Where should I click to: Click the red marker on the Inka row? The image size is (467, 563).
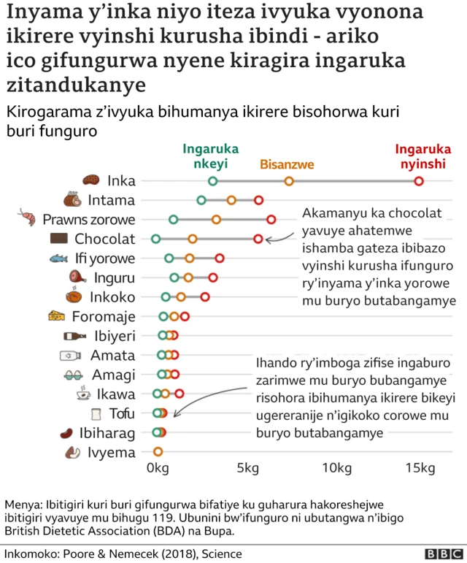coord(419,181)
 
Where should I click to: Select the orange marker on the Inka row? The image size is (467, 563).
coord(289,181)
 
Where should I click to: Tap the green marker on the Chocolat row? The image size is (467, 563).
coord(155,239)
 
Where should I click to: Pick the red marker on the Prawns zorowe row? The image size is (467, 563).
coord(271,219)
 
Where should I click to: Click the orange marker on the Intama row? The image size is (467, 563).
coord(231,200)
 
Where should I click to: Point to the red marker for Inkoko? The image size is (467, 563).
coord(205,296)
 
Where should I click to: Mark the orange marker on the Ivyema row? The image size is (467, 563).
coord(158,452)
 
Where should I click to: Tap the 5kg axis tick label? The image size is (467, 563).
coord(247,468)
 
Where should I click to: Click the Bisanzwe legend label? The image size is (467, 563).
coord(287,164)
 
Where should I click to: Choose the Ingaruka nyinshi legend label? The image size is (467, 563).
coord(420,156)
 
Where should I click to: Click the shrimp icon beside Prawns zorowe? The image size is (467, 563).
coord(26,217)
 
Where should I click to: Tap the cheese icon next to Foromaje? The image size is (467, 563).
coord(56,316)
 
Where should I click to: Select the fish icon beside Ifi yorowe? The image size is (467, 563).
coord(59,258)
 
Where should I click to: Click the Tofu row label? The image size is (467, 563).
coord(122,413)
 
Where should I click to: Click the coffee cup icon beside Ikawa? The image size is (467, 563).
coord(83,394)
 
